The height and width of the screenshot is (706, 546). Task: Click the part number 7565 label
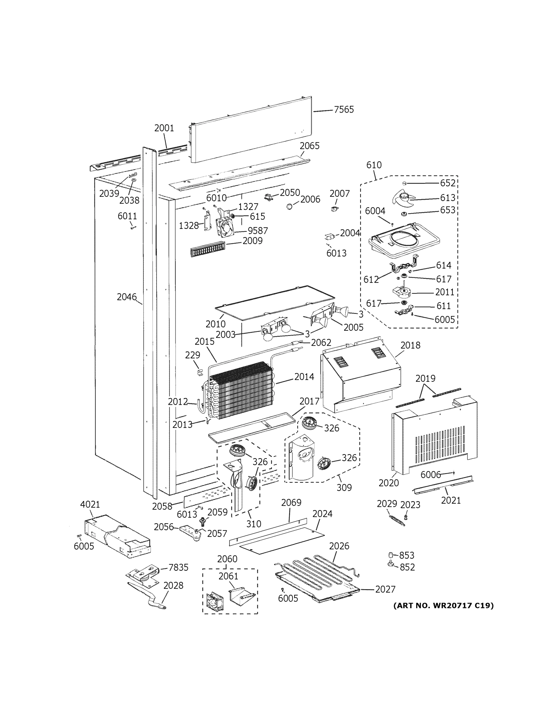click(343, 110)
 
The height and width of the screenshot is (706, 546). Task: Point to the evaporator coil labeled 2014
click(241, 391)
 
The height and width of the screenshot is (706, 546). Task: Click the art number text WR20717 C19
click(443, 605)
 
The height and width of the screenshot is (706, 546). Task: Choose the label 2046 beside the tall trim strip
click(127, 297)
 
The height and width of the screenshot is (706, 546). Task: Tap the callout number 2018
click(410, 345)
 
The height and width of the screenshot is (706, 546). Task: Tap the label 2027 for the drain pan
click(385, 589)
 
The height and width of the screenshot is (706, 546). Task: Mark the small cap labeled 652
click(404, 183)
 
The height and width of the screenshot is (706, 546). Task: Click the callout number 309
click(344, 487)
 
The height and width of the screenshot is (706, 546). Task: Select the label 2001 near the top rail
click(164, 128)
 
